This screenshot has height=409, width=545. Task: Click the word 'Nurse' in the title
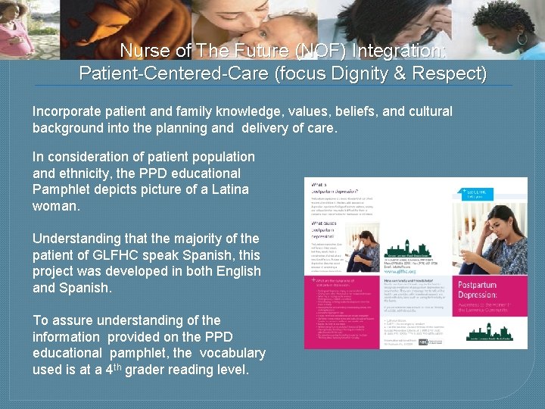tap(143, 52)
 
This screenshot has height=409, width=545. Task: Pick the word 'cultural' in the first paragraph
tap(428, 111)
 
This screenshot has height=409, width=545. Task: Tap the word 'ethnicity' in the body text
tap(69, 172)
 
